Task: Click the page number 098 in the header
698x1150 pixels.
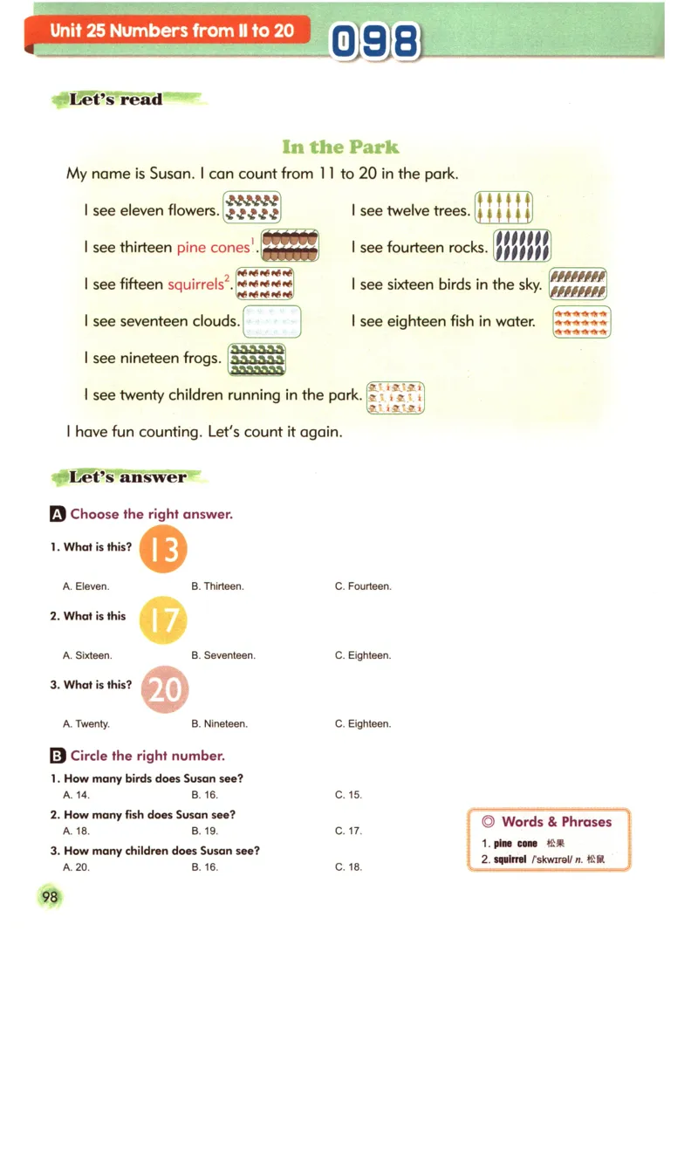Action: [375, 41]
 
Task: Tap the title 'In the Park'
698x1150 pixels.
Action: [340, 147]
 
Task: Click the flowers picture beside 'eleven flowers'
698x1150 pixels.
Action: [252, 208]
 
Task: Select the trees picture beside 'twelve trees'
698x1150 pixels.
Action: [503, 208]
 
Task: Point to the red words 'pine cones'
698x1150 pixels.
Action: [213, 248]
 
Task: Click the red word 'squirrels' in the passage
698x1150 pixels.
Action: [195, 284]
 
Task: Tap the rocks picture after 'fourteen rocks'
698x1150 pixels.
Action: [522, 245]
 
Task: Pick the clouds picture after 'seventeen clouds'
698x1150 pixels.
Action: [271, 321]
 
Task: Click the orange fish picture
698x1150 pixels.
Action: [581, 322]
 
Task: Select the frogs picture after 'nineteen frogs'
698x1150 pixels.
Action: [257, 359]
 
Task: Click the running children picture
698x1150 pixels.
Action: [395, 397]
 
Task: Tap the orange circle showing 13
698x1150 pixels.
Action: [163, 549]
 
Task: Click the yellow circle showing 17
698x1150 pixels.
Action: [163, 619]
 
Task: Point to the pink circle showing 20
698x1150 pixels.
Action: [164, 689]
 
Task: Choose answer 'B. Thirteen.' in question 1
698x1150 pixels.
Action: [217, 586]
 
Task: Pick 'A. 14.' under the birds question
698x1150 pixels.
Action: [76, 795]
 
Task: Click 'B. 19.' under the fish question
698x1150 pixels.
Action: [205, 831]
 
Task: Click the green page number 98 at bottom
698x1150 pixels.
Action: [50, 896]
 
